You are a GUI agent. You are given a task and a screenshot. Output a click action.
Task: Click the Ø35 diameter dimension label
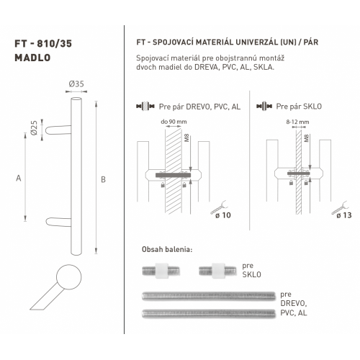76,84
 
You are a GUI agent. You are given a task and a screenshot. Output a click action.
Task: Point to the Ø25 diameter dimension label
35,128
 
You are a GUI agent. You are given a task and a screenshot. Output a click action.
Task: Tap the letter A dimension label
19,179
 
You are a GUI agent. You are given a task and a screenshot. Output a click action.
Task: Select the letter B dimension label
103,179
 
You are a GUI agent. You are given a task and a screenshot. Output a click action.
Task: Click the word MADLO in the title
32,58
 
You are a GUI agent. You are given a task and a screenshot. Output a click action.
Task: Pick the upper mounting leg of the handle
58,130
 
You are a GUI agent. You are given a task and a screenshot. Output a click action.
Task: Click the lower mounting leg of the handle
58,222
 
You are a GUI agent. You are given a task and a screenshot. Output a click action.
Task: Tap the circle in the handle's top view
69,277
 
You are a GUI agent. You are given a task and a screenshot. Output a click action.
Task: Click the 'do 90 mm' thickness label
174,122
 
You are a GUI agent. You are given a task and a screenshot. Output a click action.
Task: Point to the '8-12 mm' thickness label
297,122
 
